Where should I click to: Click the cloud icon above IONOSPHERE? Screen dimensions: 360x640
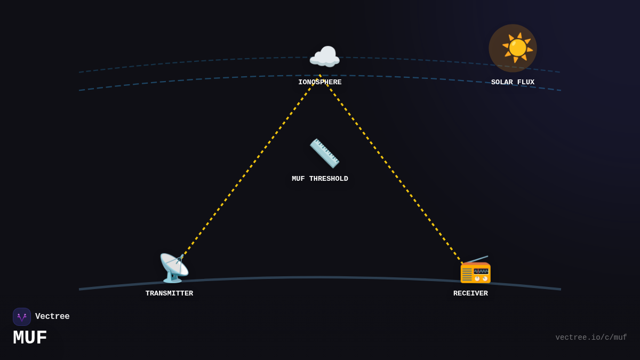pos(324,57)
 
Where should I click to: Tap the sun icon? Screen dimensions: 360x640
pos(517,47)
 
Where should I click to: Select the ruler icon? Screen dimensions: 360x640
pos(324,153)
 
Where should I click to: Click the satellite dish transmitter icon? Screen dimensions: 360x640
pos(173,268)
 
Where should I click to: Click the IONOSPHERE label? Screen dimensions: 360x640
pos(320,82)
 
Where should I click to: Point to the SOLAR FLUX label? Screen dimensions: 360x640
pos(513,82)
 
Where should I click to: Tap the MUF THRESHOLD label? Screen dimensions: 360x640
pos(320,179)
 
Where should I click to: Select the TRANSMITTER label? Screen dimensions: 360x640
pos(169,293)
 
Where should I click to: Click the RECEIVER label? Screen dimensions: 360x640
pos(470,293)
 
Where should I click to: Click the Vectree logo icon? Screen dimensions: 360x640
pos(22,317)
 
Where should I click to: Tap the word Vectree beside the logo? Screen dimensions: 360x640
pos(52,317)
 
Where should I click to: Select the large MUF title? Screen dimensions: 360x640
pos(30,338)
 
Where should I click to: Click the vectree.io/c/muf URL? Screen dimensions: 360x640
pos(591,338)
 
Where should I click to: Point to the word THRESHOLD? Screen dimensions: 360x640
pos(329,179)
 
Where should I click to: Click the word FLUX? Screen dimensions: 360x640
pos(525,82)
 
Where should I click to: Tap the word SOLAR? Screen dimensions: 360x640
pos(502,82)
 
